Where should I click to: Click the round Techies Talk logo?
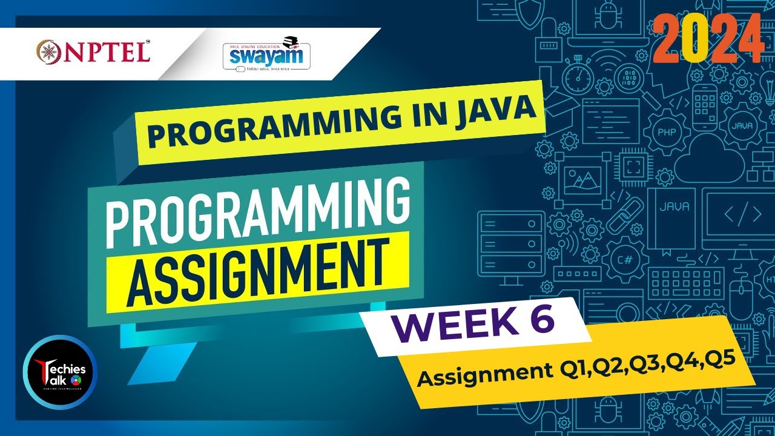(60, 372)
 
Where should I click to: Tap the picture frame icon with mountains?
(582, 180)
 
